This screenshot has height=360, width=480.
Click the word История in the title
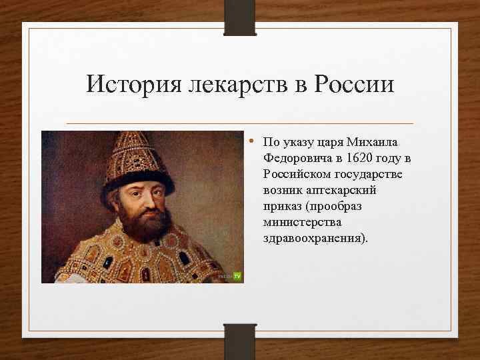click(x=135, y=84)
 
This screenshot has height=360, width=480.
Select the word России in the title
click(x=354, y=84)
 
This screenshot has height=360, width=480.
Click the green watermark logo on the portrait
click(x=236, y=275)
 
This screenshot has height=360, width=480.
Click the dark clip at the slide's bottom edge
click(x=240, y=341)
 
